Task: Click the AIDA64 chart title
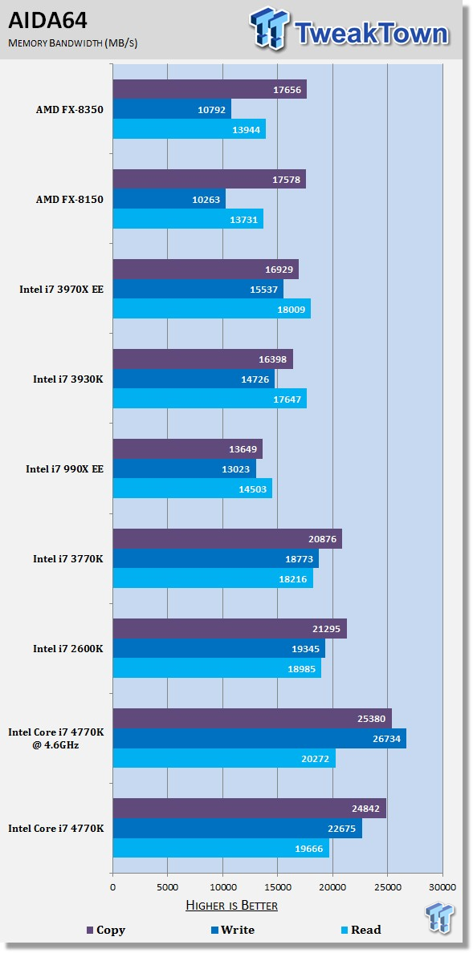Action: click(x=47, y=21)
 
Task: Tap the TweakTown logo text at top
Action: click(x=371, y=33)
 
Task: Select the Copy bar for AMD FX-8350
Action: click(x=210, y=89)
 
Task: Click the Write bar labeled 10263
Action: click(x=169, y=199)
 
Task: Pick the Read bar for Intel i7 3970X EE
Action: click(x=212, y=308)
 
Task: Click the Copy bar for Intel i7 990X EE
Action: click(x=187, y=449)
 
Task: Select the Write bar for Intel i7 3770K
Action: click(x=215, y=558)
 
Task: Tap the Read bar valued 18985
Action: click(x=217, y=668)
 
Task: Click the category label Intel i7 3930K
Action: click(x=68, y=379)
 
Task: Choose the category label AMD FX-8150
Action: click(x=69, y=200)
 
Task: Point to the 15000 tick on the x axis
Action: click(x=278, y=886)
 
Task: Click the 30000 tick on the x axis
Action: click(x=442, y=886)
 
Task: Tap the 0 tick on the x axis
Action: click(x=112, y=886)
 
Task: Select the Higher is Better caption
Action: click(x=231, y=906)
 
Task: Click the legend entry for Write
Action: click(x=232, y=930)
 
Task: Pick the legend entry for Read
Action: click(x=361, y=930)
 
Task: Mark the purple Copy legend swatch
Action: click(x=89, y=931)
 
